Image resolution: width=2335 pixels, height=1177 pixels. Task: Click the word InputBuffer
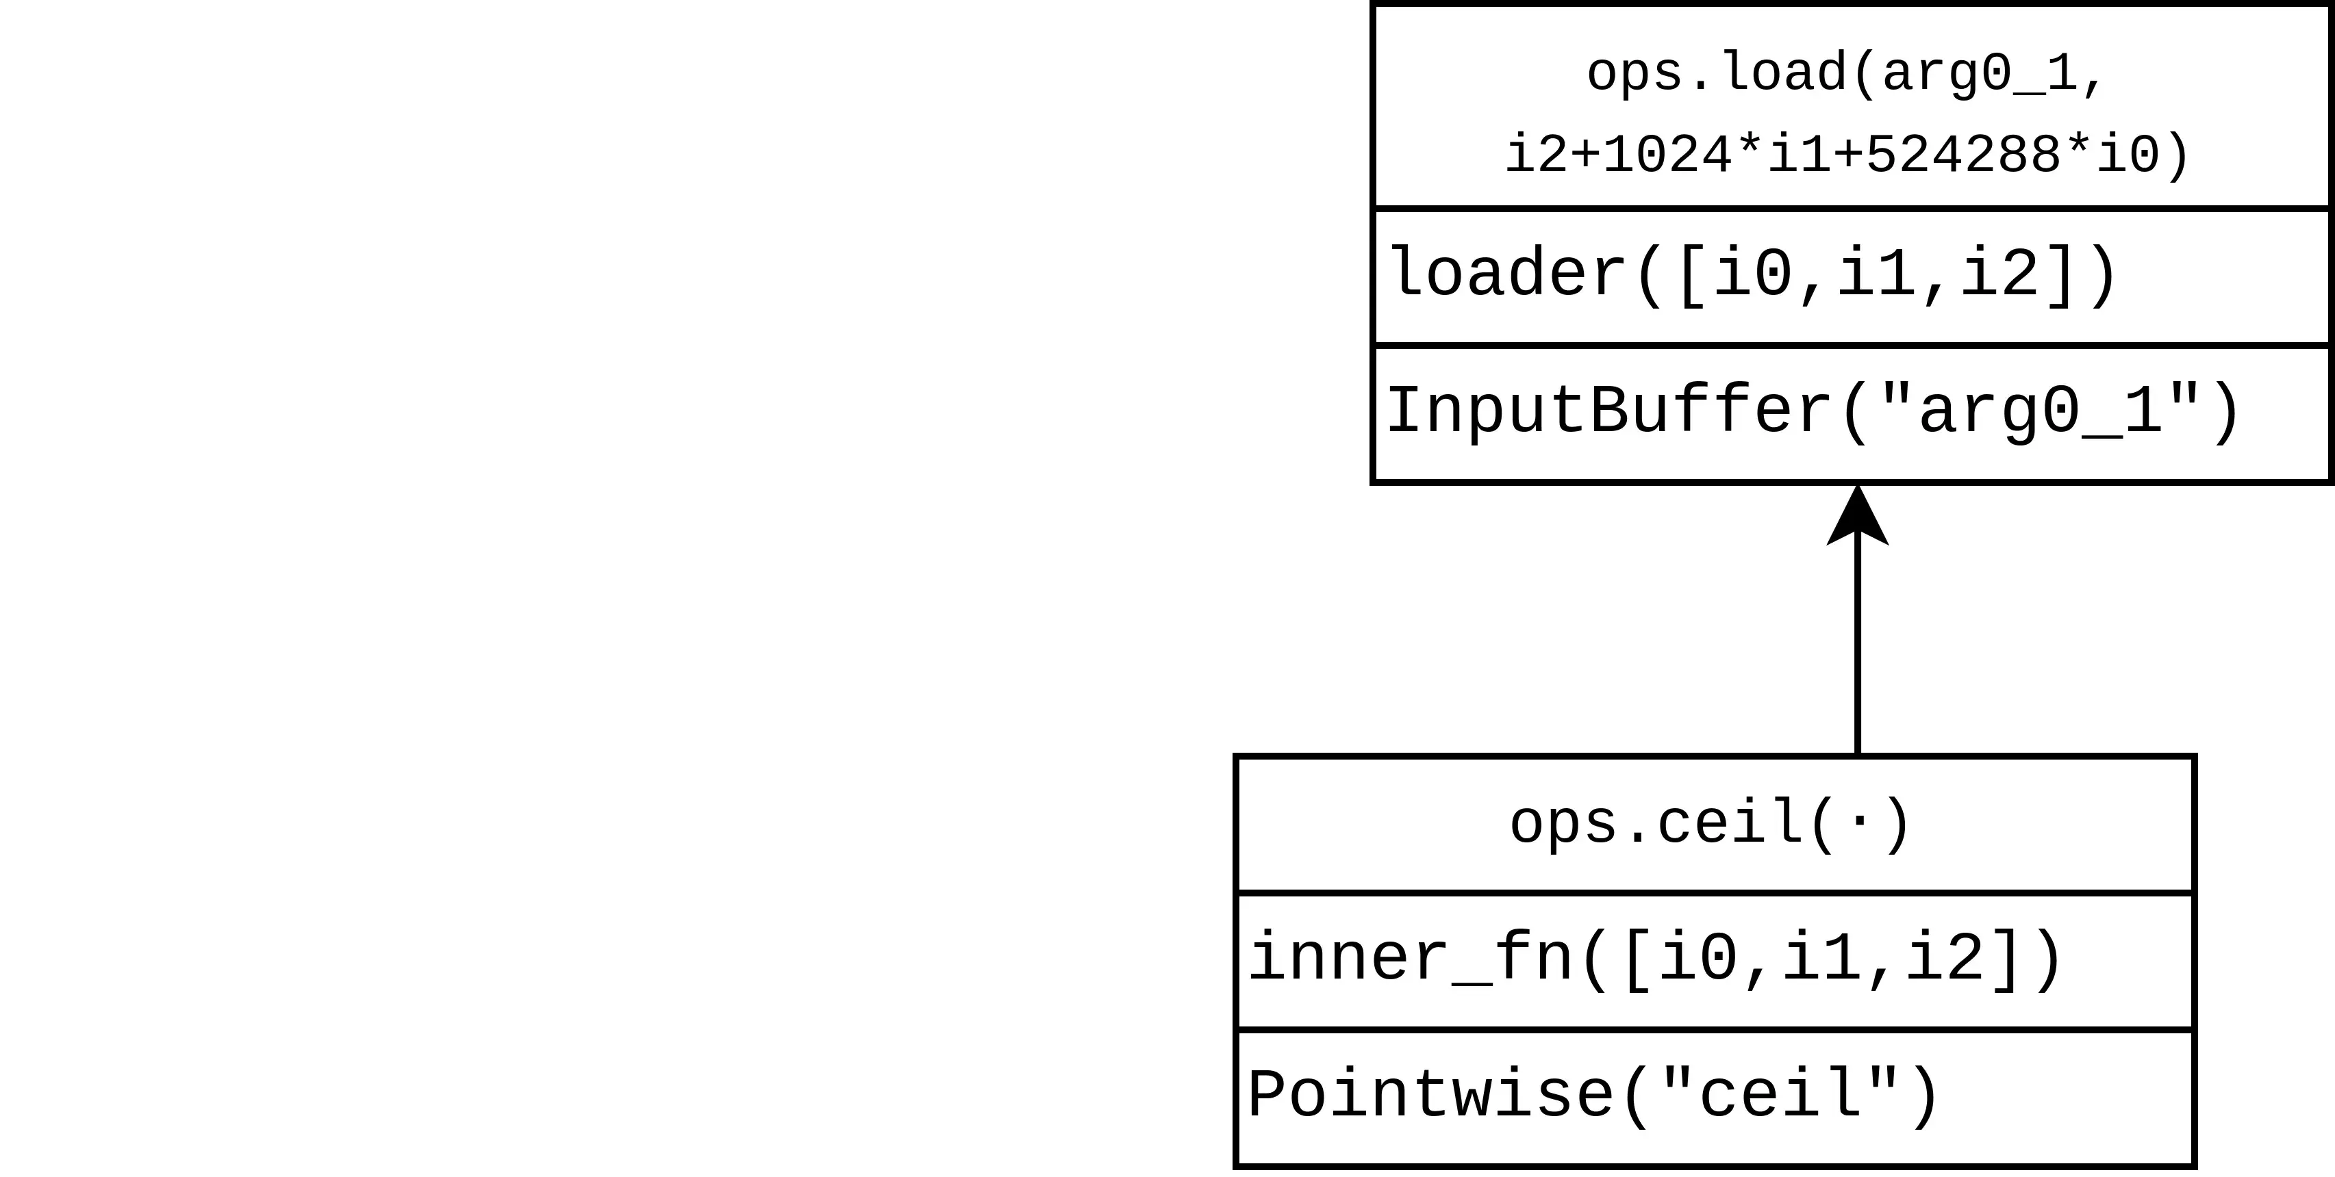pos(1609,412)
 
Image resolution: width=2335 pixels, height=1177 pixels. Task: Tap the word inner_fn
pos(1409,959)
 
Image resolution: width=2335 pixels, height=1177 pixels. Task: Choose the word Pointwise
pos(1430,1096)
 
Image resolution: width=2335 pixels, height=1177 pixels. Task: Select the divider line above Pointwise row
pos(1714,1030)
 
